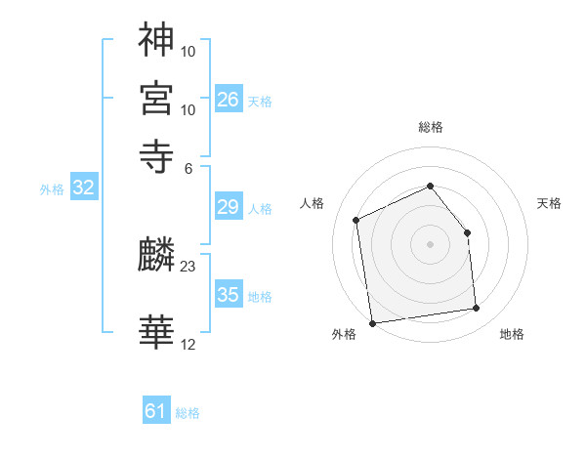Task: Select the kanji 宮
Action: coord(156,98)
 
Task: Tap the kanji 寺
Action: coord(156,155)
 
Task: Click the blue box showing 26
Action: coord(229,99)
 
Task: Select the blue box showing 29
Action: coord(229,207)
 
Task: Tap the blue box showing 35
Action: coord(229,295)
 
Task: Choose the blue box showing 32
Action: coord(83,188)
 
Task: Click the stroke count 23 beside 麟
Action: coord(188,266)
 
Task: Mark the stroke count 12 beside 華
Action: coord(188,344)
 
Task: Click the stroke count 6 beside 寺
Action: coord(188,167)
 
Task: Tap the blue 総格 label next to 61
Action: coord(188,413)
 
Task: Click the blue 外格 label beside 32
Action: coord(51,190)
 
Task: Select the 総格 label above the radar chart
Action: coord(431,127)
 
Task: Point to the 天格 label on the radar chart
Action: coord(550,203)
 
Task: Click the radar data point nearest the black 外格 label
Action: coord(371,323)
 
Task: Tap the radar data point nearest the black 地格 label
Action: coord(477,309)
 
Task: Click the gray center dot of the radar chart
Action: coord(431,243)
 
